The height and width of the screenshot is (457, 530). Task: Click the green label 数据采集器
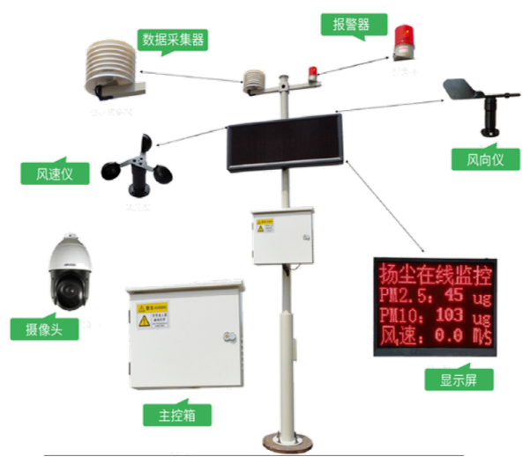click(171, 41)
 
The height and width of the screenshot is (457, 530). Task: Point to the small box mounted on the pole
click(281, 236)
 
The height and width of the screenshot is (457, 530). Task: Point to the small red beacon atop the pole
click(310, 70)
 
